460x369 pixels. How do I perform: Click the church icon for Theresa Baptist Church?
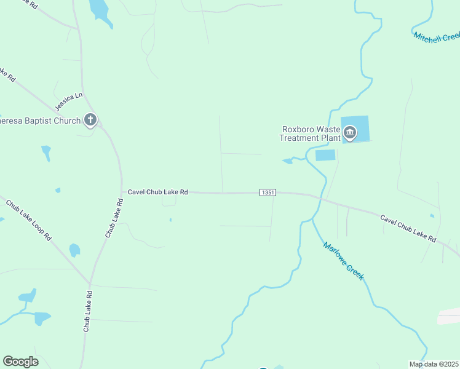[x=90, y=119]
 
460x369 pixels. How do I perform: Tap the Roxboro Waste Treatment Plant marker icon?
[x=350, y=132]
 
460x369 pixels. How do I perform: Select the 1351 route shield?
[x=268, y=192]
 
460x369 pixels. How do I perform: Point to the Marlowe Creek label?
[x=344, y=261]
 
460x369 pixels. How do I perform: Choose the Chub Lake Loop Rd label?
[x=29, y=220]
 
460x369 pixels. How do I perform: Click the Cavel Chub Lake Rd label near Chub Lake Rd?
[x=157, y=192]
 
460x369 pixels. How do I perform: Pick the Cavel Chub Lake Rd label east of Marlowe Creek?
[x=408, y=228]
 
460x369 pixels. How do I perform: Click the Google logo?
[x=20, y=362]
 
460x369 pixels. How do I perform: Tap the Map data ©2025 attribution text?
[x=434, y=364]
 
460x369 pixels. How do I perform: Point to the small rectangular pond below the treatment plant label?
[x=325, y=155]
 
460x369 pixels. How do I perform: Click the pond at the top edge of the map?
[x=100, y=11]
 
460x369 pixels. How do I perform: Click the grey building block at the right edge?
[x=449, y=316]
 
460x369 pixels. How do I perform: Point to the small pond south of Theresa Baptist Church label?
[x=46, y=152]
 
